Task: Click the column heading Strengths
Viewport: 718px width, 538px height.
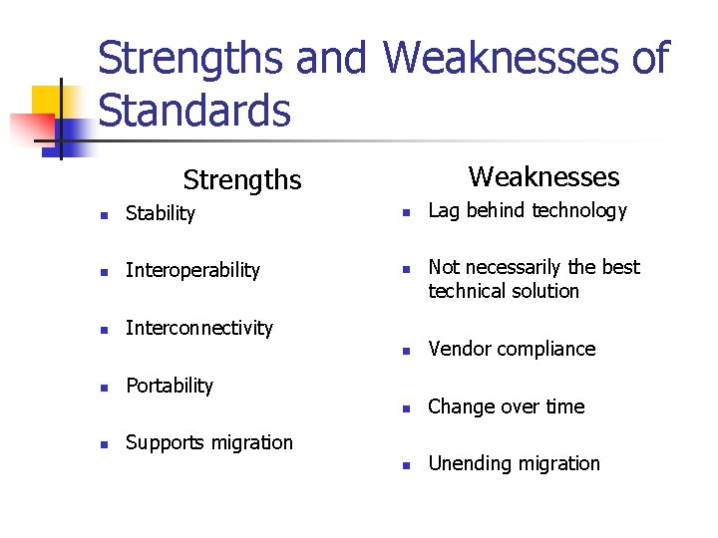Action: [x=241, y=180]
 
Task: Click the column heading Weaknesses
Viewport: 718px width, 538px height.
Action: [x=543, y=177]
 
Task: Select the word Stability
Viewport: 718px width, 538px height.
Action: [x=161, y=213]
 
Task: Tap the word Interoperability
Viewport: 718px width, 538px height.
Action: [x=192, y=270]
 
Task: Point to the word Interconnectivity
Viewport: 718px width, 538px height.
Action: [x=199, y=328]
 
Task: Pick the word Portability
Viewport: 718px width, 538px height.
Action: [x=170, y=386]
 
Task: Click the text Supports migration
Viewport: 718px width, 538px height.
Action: [x=209, y=442]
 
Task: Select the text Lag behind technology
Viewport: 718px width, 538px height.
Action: [x=528, y=210]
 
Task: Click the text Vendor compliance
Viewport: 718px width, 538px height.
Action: [x=512, y=349]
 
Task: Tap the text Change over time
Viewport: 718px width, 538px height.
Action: [x=507, y=406]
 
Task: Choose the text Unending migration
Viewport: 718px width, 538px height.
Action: [x=515, y=463]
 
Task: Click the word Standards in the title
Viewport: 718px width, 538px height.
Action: [x=194, y=111]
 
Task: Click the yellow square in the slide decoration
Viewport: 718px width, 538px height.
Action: [x=48, y=102]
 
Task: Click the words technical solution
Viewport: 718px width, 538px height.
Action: [x=504, y=291]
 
